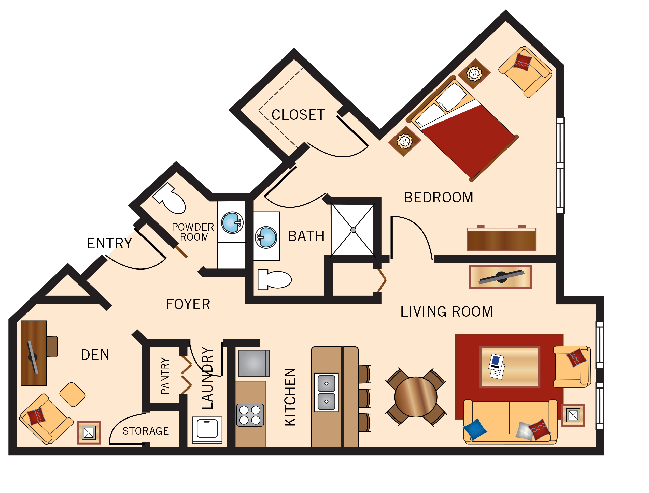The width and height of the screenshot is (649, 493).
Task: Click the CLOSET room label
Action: [x=298, y=115]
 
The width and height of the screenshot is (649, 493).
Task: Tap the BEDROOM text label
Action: [x=438, y=198]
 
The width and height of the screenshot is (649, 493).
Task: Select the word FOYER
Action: [x=188, y=304]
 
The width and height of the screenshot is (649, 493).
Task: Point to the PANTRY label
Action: [x=165, y=376]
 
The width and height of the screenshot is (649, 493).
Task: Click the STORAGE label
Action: [x=146, y=431]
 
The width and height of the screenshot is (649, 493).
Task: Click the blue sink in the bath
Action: [x=266, y=237]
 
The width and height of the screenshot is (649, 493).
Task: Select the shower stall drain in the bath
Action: [x=353, y=230]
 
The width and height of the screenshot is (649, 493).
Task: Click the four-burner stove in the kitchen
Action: [x=250, y=415]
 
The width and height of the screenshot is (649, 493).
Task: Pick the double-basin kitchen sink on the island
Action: [x=326, y=392]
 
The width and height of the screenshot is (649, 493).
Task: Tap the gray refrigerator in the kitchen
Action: [x=253, y=363]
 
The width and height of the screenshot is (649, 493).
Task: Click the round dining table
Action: [x=416, y=397]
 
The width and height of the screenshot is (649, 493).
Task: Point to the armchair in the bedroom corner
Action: [x=525, y=72]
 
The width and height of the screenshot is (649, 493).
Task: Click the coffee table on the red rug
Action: [x=510, y=367]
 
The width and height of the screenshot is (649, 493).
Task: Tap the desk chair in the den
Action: [x=52, y=347]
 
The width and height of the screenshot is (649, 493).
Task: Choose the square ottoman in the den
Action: [x=72, y=394]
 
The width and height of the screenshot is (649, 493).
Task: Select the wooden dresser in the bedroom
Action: [x=501, y=240]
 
